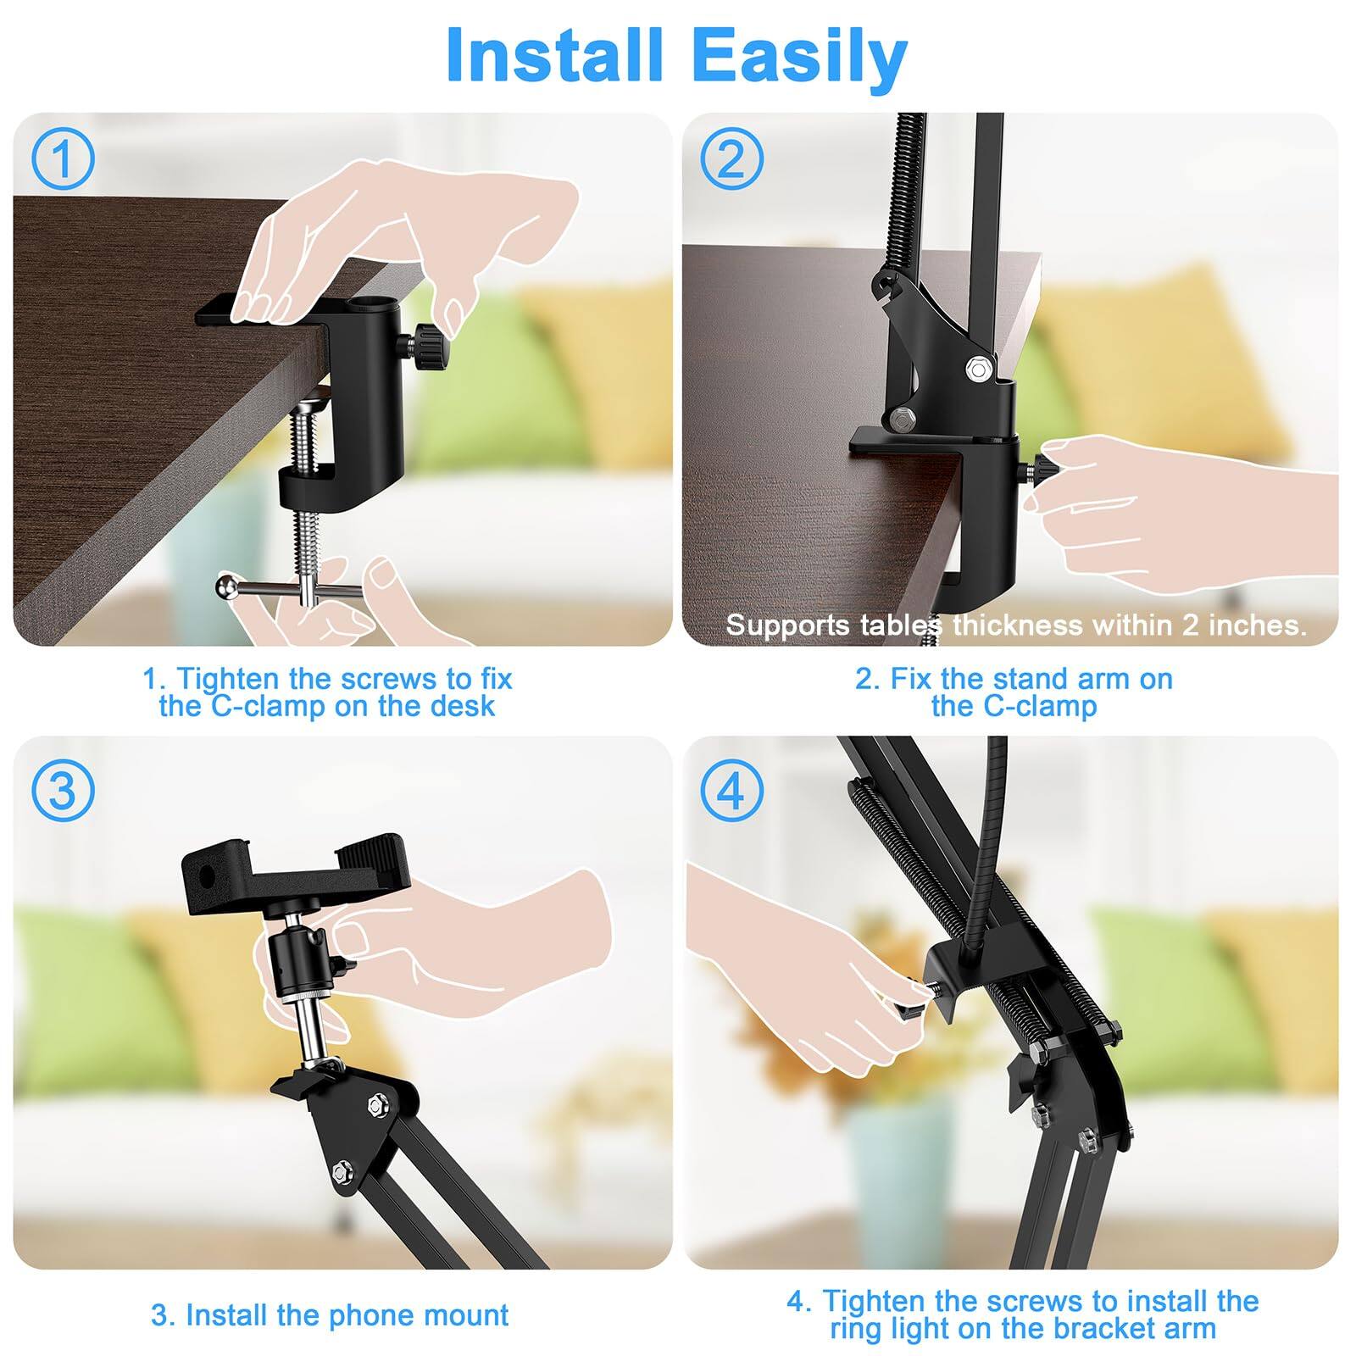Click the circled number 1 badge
tap(63, 158)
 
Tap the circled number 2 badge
tap(731, 158)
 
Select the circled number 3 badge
tap(63, 791)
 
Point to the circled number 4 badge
tap(731, 791)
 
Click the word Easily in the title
tap(799, 56)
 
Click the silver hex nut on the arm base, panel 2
tap(979, 368)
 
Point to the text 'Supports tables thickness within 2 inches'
tap(1015, 625)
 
